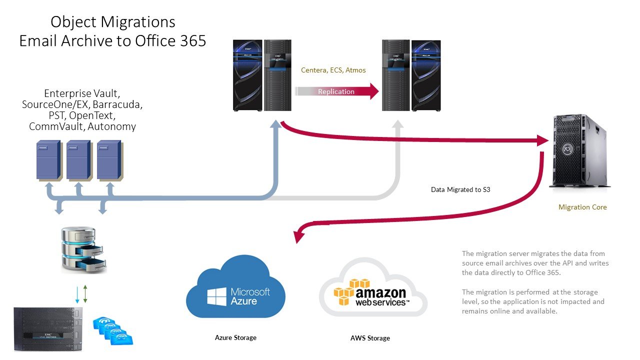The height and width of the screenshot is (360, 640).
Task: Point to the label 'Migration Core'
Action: (582, 207)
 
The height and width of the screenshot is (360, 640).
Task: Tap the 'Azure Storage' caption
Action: (235, 337)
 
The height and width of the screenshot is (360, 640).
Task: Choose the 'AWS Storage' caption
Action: (370, 338)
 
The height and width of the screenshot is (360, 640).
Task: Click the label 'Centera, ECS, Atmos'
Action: (333, 70)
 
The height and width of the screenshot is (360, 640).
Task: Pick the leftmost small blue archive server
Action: (48, 159)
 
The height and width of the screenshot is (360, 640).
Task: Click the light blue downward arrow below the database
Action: (76, 294)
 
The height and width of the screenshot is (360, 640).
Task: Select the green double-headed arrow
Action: (85, 294)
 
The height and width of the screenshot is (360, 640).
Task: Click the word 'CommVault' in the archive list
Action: (56, 126)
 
